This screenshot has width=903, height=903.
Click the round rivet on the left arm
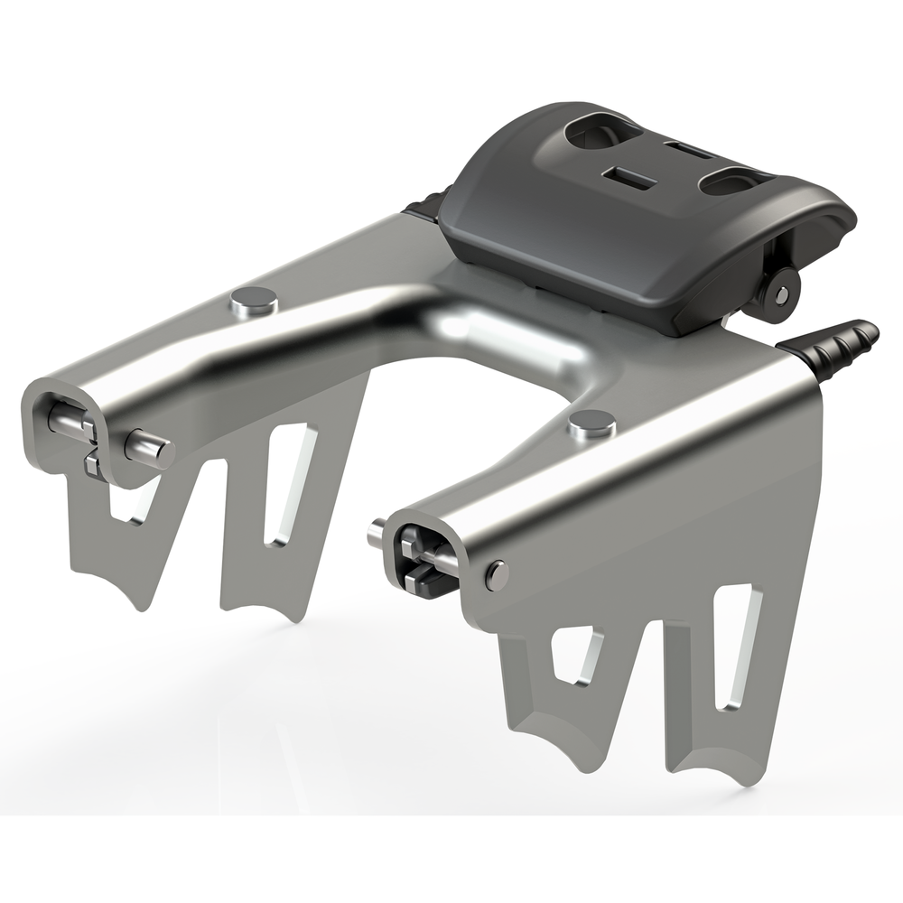(x=255, y=300)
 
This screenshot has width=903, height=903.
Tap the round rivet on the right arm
(x=591, y=421)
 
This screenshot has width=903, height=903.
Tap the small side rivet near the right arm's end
(x=496, y=574)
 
